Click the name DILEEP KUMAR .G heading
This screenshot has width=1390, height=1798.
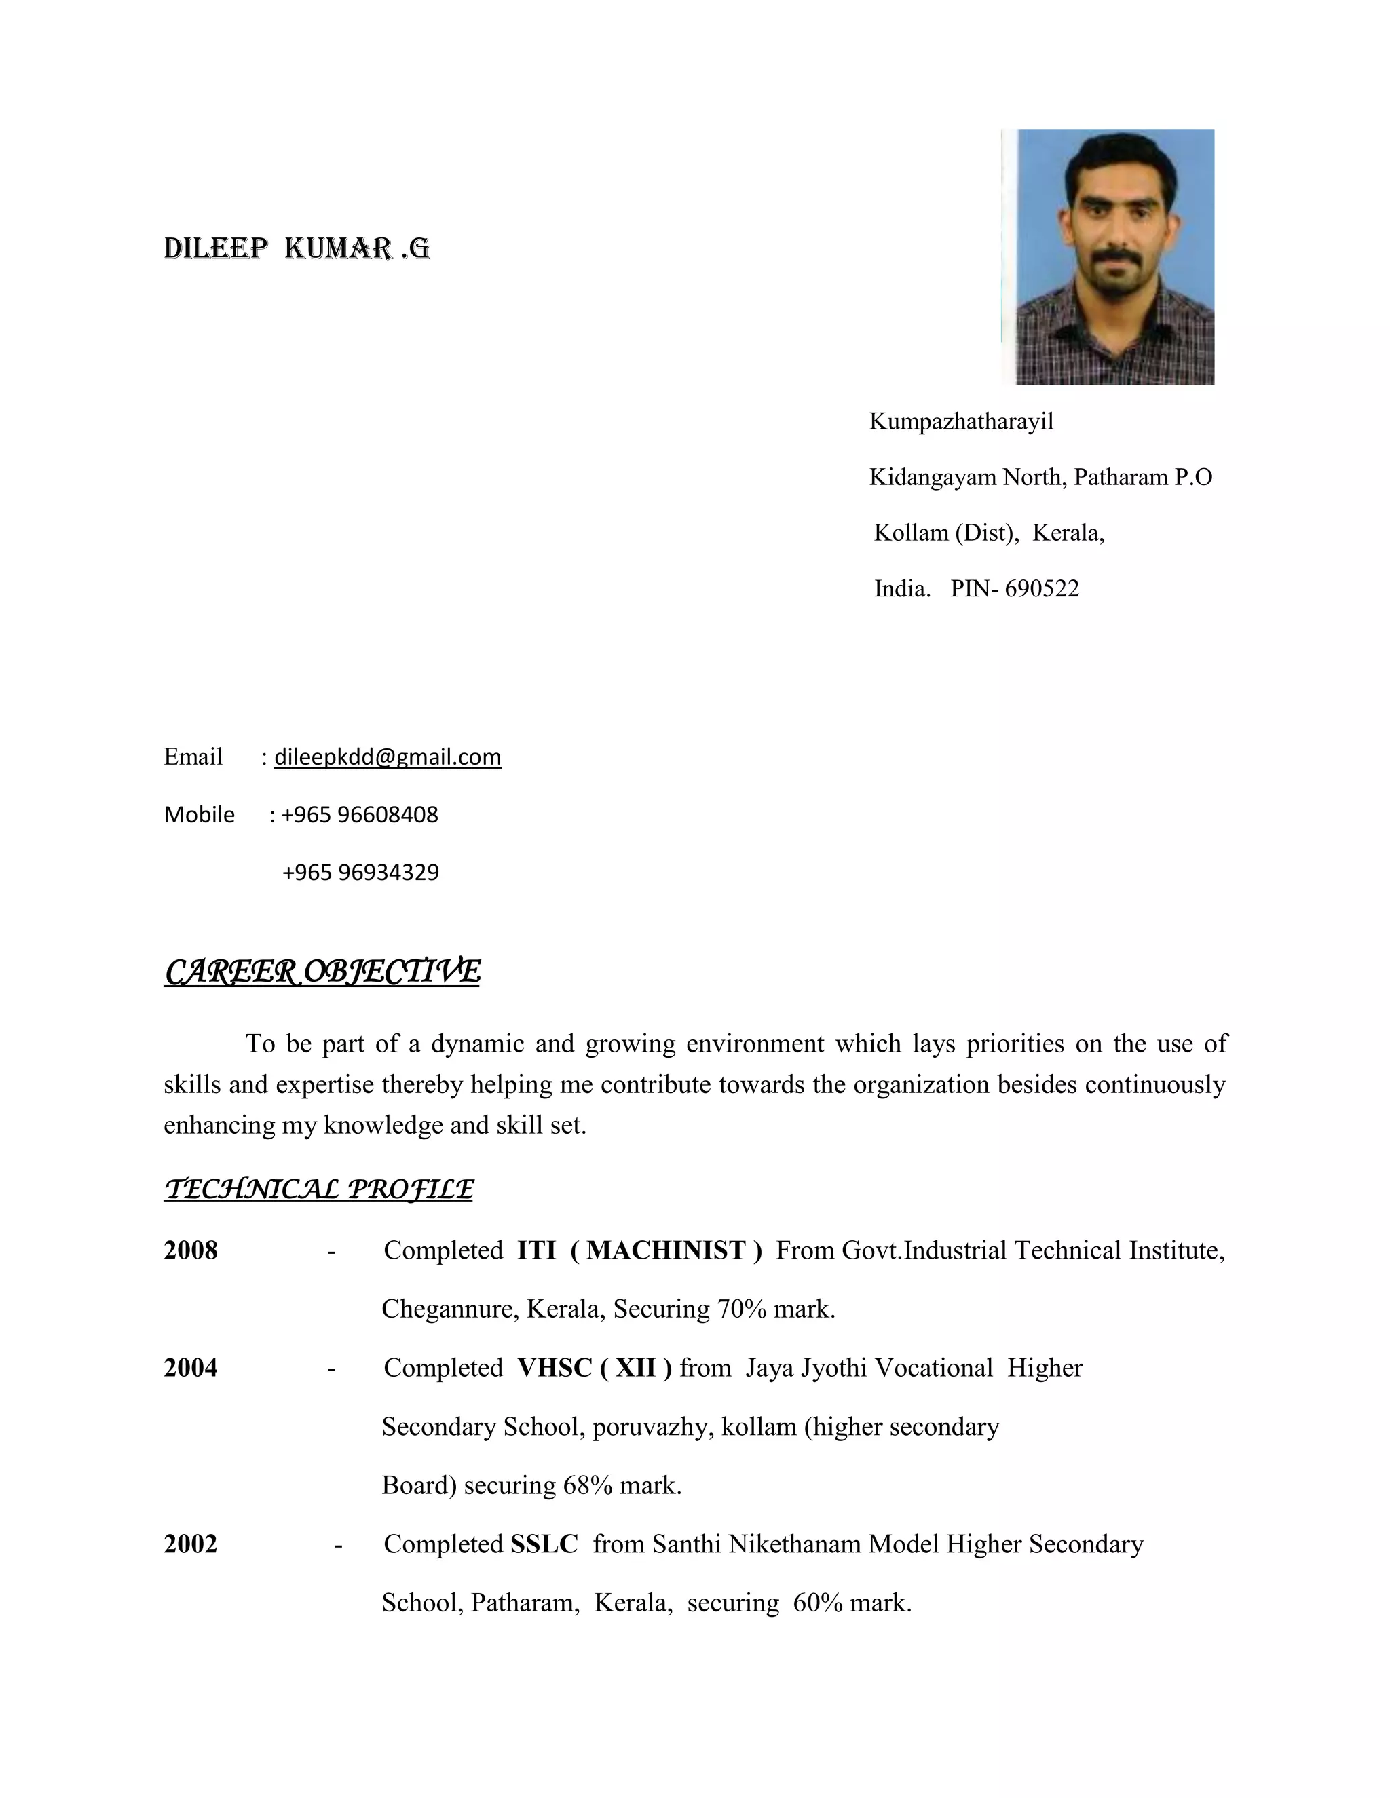297,248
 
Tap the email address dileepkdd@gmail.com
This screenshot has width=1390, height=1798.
387,757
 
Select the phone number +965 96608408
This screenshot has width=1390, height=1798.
360,814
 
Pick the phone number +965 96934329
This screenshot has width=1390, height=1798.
360,872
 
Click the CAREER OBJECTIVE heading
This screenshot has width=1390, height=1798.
321,972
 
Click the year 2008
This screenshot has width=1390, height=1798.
191,1250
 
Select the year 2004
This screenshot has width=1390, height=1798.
191,1367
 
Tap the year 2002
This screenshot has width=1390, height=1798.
191,1544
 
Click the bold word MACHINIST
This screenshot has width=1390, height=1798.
665,1250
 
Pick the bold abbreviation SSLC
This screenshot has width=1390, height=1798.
544,1544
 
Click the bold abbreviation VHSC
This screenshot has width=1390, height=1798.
555,1367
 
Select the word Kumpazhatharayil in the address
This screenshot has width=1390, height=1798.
961,422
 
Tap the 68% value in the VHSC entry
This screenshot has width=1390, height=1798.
587,1485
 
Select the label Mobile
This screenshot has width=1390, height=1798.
200,814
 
